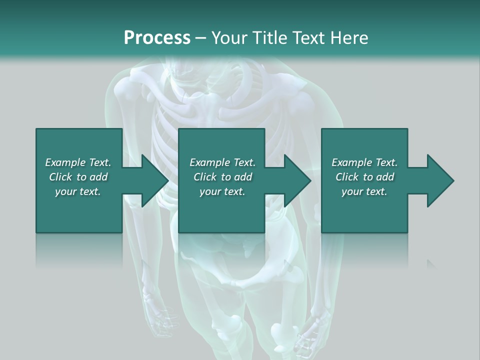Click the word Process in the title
pyautogui.click(x=157, y=38)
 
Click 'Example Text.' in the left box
pyautogui.click(x=78, y=162)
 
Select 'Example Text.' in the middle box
pyautogui.click(x=222, y=162)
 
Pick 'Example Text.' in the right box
pyautogui.click(x=364, y=162)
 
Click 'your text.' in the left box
pyautogui.click(x=78, y=191)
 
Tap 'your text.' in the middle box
pyautogui.click(x=222, y=191)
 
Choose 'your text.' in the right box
pyautogui.click(x=364, y=191)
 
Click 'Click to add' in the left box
pyautogui.click(x=78, y=177)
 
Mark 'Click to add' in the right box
pyautogui.click(x=364, y=177)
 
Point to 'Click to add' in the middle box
pyautogui.click(x=222, y=177)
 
